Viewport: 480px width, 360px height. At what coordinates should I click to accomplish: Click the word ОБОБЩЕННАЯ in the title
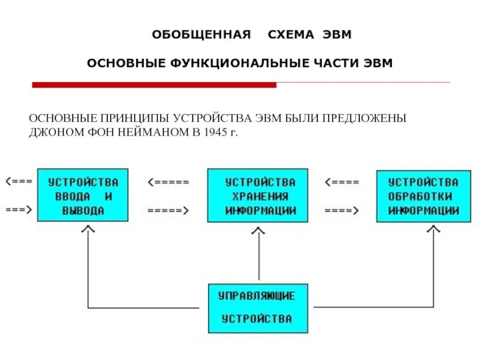click(x=200, y=35)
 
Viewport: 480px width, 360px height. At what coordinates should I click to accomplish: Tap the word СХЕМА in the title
click(x=291, y=35)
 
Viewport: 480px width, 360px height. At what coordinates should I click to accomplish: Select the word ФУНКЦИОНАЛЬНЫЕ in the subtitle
click(x=232, y=63)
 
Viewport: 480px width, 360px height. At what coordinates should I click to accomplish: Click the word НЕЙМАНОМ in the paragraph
click(x=154, y=132)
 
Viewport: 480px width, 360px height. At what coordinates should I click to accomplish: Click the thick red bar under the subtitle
click(x=154, y=85)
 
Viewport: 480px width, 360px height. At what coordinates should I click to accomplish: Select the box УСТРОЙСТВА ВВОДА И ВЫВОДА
click(x=83, y=196)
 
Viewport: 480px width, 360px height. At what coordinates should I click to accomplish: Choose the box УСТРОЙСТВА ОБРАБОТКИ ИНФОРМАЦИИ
click(x=423, y=196)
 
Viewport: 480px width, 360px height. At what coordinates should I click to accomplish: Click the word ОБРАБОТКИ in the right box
click(x=423, y=196)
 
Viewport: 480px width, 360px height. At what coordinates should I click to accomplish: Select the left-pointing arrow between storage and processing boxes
click(x=342, y=182)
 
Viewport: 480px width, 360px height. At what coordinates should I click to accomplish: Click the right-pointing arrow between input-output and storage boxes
click(x=168, y=211)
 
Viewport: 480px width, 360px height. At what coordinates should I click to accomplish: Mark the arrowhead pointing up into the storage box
click(x=260, y=230)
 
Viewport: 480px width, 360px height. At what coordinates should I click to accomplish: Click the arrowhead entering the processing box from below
click(x=433, y=230)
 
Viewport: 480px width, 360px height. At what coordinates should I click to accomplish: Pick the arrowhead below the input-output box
click(x=88, y=229)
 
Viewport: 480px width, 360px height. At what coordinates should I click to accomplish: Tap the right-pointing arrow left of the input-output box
click(x=18, y=211)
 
